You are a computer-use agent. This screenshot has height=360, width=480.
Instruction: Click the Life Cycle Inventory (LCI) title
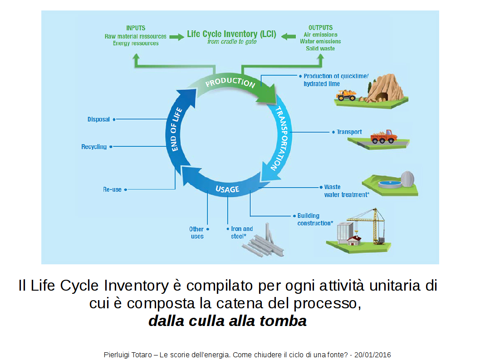(231, 34)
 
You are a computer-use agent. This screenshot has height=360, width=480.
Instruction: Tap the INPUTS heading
(136, 28)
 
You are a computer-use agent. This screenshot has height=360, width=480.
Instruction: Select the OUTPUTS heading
(320, 28)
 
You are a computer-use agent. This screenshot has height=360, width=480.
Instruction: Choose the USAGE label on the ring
(227, 189)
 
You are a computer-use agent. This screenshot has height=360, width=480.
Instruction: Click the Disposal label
(98, 119)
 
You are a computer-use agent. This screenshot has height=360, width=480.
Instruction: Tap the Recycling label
(94, 147)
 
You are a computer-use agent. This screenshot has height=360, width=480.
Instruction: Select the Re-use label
(112, 189)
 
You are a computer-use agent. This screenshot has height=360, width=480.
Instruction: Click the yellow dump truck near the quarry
(346, 95)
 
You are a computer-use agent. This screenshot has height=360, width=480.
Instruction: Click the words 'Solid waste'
(320, 48)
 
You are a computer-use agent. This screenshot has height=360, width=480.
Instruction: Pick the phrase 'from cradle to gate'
(231, 42)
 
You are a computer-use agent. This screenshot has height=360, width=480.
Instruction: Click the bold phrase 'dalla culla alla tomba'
(227, 321)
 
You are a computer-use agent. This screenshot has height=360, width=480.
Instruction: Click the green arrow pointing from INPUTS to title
(176, 36)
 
